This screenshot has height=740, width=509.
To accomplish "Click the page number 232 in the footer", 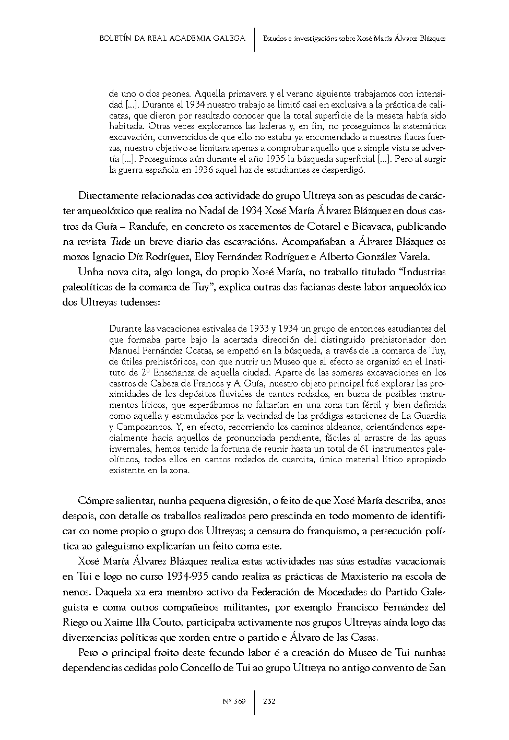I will pyautogui.click(x=269, y=701).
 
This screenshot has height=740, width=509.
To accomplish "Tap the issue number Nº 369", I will pyautogui.click(x=234, y=701).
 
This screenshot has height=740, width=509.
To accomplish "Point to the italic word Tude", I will pyautogui.click(x=121, y=242).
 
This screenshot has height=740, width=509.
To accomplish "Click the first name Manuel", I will pyautogui.click(x=124, y=350).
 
